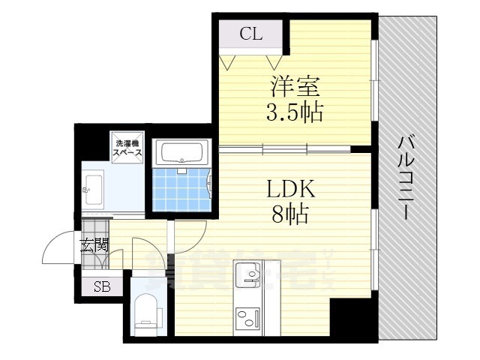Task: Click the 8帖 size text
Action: coord(289,215)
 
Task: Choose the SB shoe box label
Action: coord(100,286)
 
